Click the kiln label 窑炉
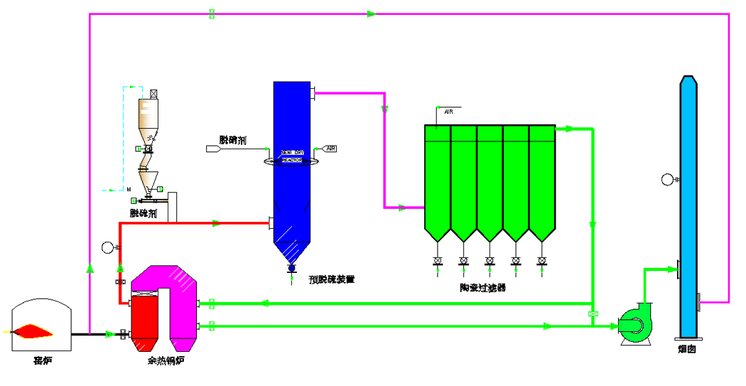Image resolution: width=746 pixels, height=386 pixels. (x=43, y=362)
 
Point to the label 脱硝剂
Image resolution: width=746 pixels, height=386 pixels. (x=232, y=140)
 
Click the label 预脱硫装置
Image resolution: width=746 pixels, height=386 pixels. (x=332, y=279)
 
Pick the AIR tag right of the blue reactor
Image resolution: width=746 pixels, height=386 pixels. (x=330, y=149)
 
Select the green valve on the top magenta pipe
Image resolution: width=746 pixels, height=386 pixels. (x=212, y=14)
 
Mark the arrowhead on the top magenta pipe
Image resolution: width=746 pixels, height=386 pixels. (x=372, y=14)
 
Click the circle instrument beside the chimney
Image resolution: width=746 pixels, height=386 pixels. (x=667, y=179)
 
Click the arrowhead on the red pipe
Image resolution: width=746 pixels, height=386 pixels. (x=216, y=223)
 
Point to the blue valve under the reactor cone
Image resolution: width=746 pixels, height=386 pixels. (x=291, y=267)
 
